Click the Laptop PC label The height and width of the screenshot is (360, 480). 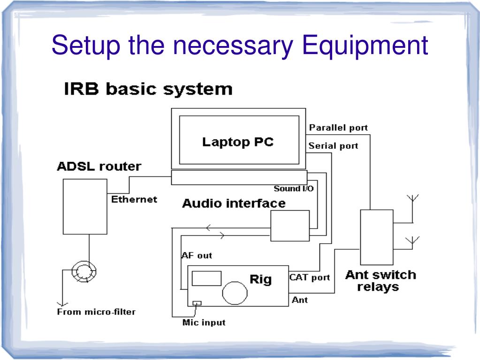238,142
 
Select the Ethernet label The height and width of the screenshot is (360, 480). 134,199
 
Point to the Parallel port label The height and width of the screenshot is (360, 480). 338,128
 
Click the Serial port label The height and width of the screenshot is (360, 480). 333,146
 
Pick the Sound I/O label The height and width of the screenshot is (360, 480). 294,189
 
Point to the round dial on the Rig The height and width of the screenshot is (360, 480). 235,293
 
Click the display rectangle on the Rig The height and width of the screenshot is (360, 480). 206,278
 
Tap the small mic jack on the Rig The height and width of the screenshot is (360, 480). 197,303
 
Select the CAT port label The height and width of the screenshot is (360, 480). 310,277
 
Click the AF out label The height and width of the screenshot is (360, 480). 197,255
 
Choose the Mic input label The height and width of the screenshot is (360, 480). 204,322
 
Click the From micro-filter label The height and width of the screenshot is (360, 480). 96,312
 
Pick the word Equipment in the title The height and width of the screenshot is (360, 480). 365,46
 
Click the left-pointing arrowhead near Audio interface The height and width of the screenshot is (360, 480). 208,228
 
